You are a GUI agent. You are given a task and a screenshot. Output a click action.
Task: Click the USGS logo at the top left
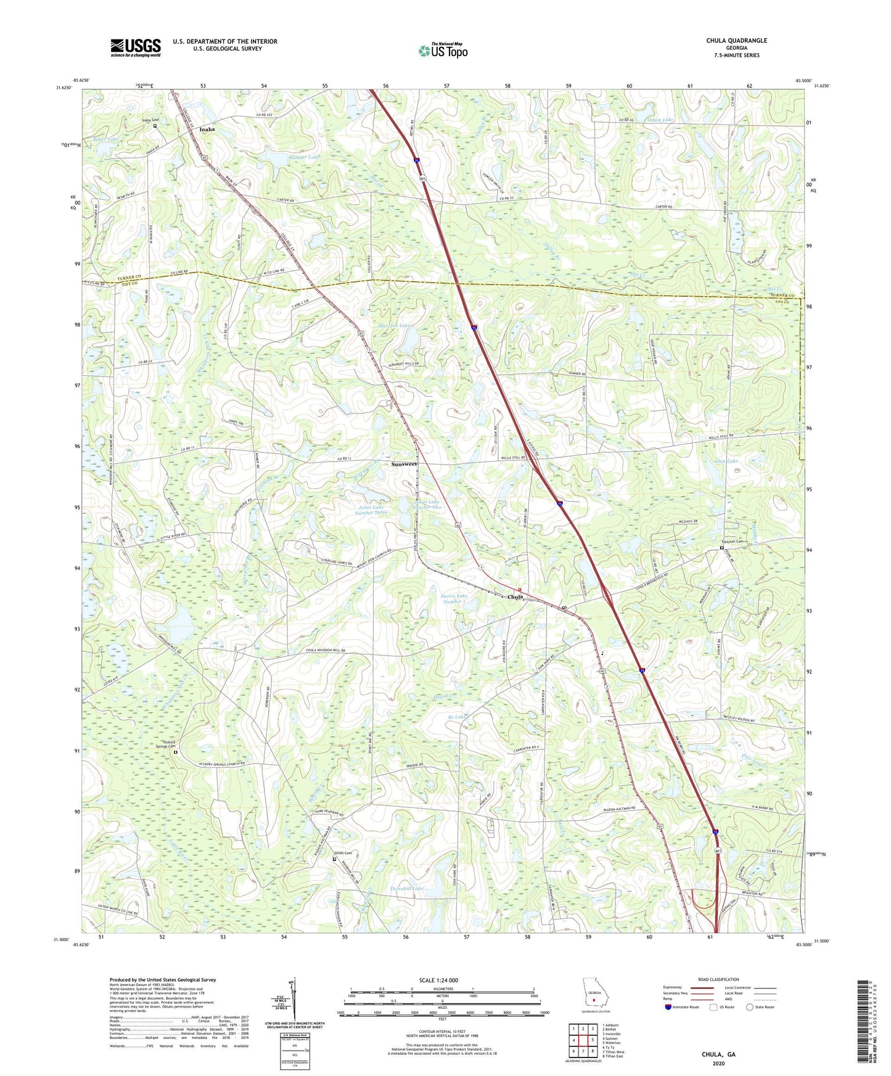pos(135,47)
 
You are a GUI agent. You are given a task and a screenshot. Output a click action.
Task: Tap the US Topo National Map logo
pos(442,51)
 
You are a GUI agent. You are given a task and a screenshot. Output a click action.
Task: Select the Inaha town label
pos(207,129)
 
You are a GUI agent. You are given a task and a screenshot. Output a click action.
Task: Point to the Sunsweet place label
pos(404,463)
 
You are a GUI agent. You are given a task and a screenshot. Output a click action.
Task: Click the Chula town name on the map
pos(515,597)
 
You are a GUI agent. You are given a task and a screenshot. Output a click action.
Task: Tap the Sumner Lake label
pos(305,158)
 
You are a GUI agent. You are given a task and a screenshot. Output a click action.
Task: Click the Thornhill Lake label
pos(407,889)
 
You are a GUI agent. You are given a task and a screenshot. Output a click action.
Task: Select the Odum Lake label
pos(660,120)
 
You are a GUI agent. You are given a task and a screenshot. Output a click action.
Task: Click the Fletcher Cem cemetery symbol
pos(722,548)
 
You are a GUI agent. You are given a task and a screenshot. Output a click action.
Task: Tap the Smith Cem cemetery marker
pos(335,858)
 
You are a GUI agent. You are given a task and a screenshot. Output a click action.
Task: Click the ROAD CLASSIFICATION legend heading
pos(718,979)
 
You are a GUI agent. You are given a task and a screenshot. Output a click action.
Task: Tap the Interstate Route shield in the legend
pos(668,1007)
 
